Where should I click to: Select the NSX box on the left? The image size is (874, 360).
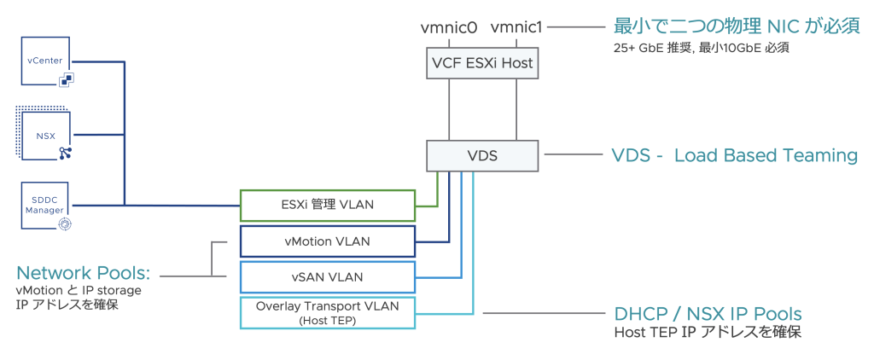(x=44, y=134)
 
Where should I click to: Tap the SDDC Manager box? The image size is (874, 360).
(x=44, y=205)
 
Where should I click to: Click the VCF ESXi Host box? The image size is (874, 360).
(x=482, y=62)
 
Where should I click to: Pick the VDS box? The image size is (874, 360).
(x=482, y=155)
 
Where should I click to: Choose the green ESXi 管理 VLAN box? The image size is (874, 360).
(x=327, y=205)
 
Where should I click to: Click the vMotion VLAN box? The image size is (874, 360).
(x=327, y=241)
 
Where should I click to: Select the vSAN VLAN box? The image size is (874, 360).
(x=327, y=276)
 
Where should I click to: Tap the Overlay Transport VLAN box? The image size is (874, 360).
(x=327, y=312)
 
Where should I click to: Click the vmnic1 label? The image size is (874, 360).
(x=516, y=27)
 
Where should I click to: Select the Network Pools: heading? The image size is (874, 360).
(x=84, y=273)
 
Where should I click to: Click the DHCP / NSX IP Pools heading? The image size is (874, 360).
(x=708, y=312)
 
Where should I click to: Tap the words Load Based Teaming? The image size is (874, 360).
(x=766, y=155)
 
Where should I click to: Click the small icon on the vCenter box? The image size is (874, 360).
(x=66, y=79)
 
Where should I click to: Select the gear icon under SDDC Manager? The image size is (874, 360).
(x=65, y=223)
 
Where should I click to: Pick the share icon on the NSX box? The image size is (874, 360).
(x=65, y=153)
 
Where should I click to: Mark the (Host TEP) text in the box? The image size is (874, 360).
(x=327, y=321)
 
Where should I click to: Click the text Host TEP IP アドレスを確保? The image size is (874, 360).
(x=708, y=332)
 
